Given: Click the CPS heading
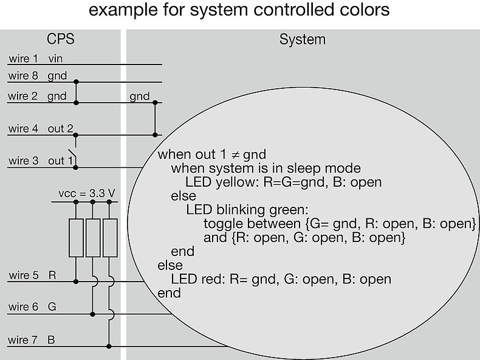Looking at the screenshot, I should tap(61, 40).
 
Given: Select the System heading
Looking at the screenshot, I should tap(303, 40).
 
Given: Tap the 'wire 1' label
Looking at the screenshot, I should tap(23, 59).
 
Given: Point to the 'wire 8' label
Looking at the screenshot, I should tap(23, 77).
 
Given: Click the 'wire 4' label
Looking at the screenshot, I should tap(23, 129).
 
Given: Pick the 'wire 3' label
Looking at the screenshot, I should tap(23, 161).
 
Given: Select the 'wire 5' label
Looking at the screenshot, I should tap(23, 275).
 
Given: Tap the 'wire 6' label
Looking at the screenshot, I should tap(23, 308).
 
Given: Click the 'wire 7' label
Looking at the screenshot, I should tap(23, 340).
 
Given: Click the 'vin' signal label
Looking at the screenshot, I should tap(55, 59).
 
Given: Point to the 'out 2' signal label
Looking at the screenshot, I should tap(61, 129).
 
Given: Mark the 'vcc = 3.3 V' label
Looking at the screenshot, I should tap(87, 194).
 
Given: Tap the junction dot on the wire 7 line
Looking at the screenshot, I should tap(109, 346).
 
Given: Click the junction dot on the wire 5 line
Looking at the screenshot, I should tap(76, 282).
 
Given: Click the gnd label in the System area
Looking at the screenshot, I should tap(139, 97).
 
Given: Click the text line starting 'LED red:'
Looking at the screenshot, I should tap(281, 280).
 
